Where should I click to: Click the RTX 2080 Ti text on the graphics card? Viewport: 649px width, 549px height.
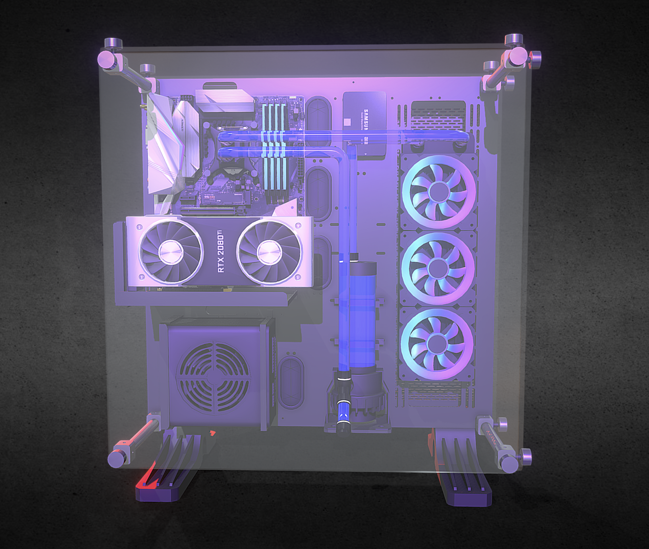click(x=220, y=251)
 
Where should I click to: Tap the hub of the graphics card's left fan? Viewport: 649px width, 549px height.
click(x=171, y=252)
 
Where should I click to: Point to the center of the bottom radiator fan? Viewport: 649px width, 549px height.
click(x=437, y=344)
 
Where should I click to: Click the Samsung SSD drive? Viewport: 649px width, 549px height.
click(x=364, y=123)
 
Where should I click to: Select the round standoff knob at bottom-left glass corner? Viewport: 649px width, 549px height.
click(x=117, y=459)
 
